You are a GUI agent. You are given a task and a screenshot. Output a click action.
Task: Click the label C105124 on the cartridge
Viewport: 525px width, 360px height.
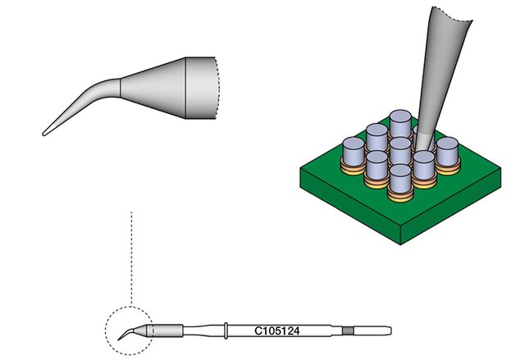point(277,331)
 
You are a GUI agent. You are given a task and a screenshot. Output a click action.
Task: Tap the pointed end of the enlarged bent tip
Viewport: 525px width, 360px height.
point(43,134)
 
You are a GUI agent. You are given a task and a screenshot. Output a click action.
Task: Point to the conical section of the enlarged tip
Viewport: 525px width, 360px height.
point(153,88)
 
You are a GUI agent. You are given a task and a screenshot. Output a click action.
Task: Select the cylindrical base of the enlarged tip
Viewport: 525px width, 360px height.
point(201,88)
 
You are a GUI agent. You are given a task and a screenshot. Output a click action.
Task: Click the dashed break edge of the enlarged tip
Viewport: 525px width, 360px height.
point(217,88)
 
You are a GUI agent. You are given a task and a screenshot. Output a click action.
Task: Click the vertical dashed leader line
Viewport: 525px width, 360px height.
point(131,258)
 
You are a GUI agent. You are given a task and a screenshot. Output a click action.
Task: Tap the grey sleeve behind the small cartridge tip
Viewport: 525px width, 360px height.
point(167,331)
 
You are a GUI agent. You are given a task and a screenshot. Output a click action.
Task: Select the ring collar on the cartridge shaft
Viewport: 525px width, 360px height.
point(226,331)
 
